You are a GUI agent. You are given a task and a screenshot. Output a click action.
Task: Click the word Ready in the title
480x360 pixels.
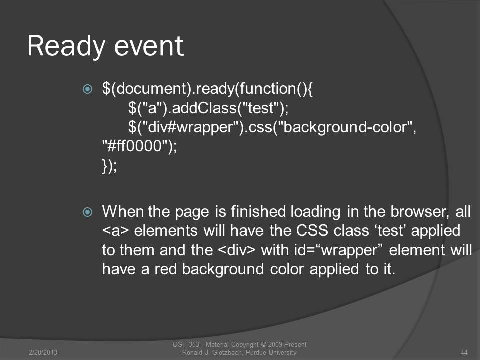66,46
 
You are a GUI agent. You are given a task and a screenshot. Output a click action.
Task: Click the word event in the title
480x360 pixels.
149,46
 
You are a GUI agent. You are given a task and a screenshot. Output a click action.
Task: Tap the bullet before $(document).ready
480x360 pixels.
87,89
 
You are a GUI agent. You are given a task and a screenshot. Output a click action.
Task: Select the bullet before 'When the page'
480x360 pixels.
87,212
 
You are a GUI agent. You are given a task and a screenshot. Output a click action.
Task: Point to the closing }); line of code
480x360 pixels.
109,166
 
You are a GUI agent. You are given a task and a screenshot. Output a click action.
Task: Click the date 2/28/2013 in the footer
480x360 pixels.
43,352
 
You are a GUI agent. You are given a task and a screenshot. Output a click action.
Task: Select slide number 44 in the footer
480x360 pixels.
464,352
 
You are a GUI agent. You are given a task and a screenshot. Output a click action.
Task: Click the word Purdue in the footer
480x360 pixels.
256,352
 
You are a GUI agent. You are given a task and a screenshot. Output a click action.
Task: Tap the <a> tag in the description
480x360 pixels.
115,231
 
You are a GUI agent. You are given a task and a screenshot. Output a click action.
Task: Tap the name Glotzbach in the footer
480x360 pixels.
228,352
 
